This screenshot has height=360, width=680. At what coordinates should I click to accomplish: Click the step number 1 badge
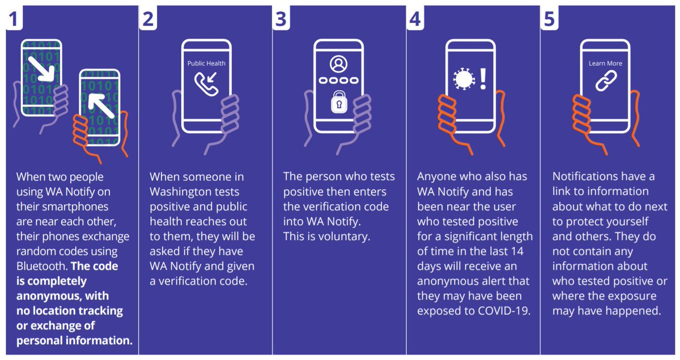point(14,18)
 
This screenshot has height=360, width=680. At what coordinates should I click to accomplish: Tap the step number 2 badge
point(148,18)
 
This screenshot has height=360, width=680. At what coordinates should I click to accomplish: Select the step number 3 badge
point(281,18)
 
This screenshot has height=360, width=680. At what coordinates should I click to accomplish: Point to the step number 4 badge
point(415,18)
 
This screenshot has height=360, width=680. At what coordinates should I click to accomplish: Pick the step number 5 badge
point(549,18)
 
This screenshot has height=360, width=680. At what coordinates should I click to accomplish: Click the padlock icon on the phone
point(339,102)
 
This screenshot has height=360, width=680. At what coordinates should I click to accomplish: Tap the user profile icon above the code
point(338,64)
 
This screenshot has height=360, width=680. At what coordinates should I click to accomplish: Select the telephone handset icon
point(206,84)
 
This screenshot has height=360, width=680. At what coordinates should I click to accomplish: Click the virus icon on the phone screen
point(464,79)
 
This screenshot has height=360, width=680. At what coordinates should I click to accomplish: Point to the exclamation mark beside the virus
point(483,79)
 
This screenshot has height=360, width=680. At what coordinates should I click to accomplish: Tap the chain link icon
point(606,81)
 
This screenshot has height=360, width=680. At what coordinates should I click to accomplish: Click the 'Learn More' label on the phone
point(605,63)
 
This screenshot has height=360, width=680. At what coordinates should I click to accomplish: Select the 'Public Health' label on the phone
point(206,63)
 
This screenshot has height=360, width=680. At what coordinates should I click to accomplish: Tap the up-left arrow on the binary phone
point(101,105)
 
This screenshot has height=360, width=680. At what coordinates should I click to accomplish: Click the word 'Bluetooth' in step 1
point(42,266)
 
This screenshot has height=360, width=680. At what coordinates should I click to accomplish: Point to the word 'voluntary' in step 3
point(344,236)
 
